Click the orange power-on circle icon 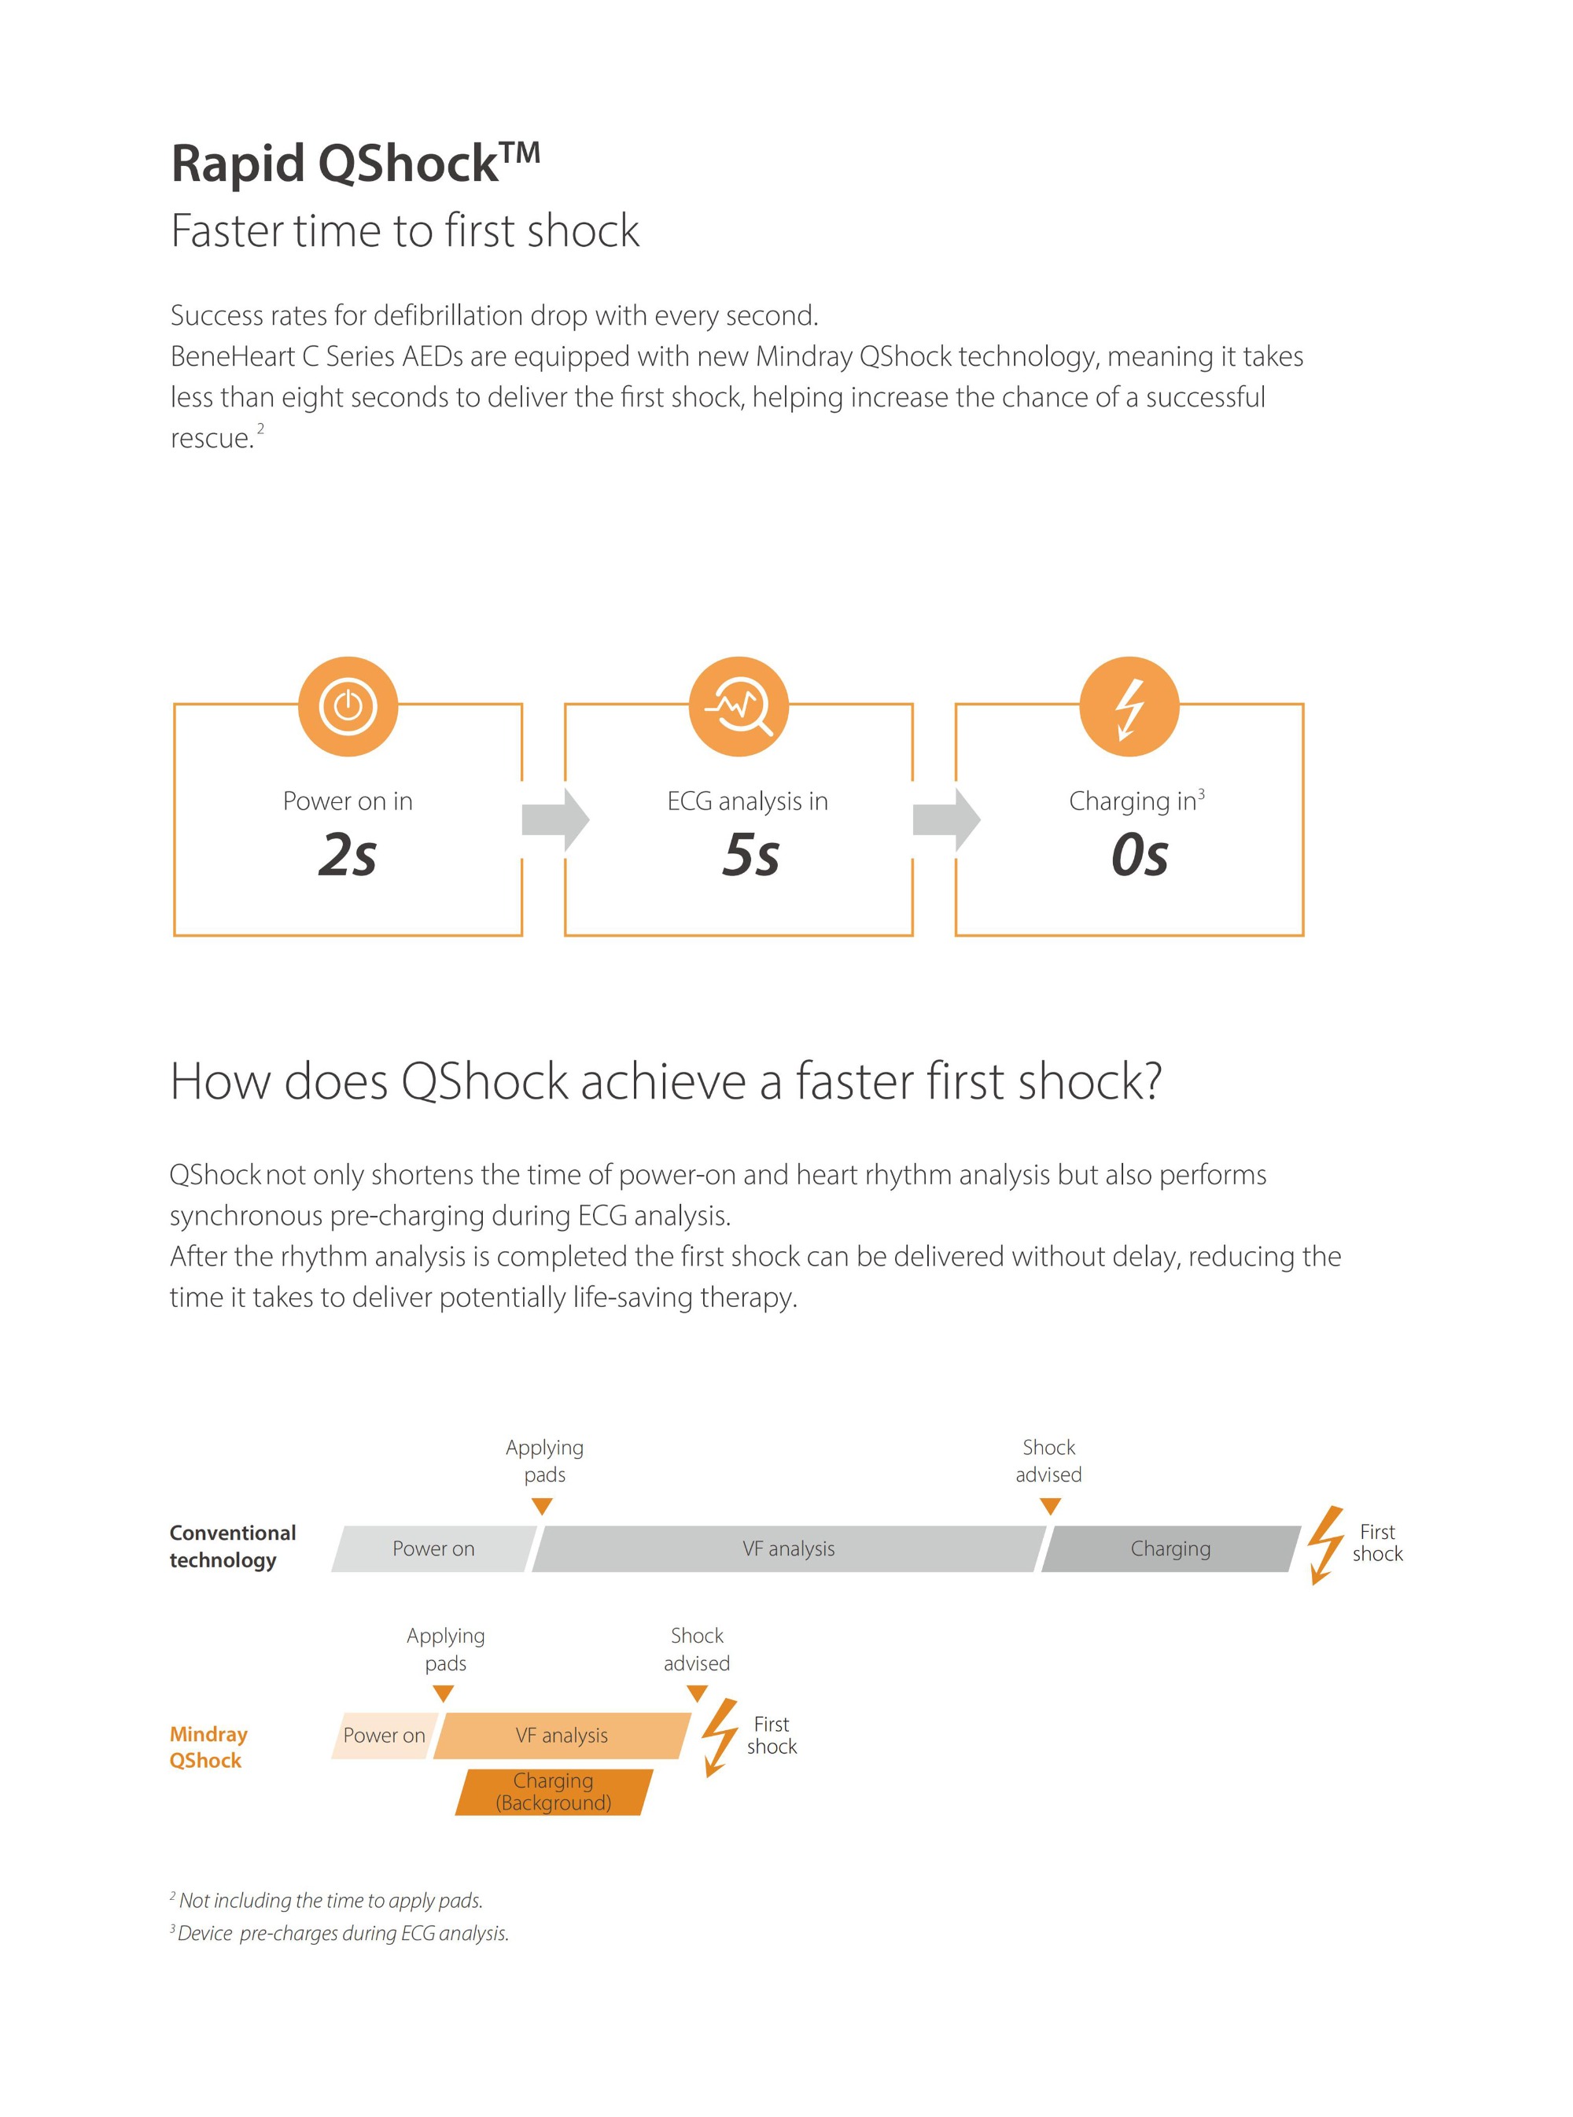tap(348, 706)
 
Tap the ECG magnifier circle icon tap(739, 706)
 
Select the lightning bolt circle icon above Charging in tap(1129, 706)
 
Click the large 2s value tap(348, 854)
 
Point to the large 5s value tap(751, 854)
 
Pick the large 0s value tap(1140, 854)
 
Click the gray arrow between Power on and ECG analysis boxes tap(556, 819)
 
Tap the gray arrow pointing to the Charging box tap(946, 819)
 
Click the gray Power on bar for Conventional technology tap(434, 1548)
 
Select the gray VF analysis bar tap(788, 1548)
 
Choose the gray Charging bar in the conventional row tap(1171, 1548)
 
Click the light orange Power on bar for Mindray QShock tap(384, 1736)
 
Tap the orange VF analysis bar tap(562, 1736)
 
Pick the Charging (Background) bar tap(554, 1791)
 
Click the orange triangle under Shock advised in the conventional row tap(1050, 1507)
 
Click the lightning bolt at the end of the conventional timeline tap(1325, 1545)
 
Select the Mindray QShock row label tap(208, 1747)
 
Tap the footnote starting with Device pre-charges tap(340, 1933)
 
